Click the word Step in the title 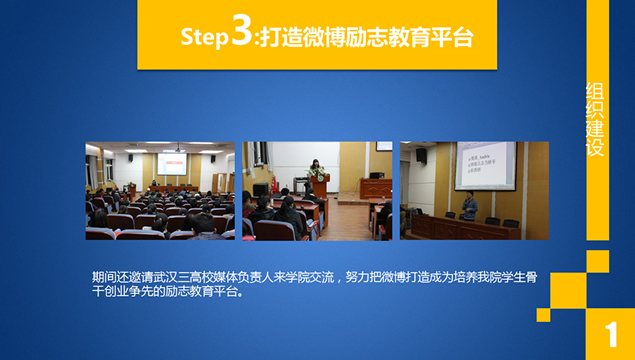(x=205, y=37)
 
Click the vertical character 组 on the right (x=595, y=92)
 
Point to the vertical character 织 (x=595, y=111)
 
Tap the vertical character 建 (x=595, y=130)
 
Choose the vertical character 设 (x=595, y=149)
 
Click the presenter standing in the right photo (x=469, y=204)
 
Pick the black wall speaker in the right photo (x=421, y=155)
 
